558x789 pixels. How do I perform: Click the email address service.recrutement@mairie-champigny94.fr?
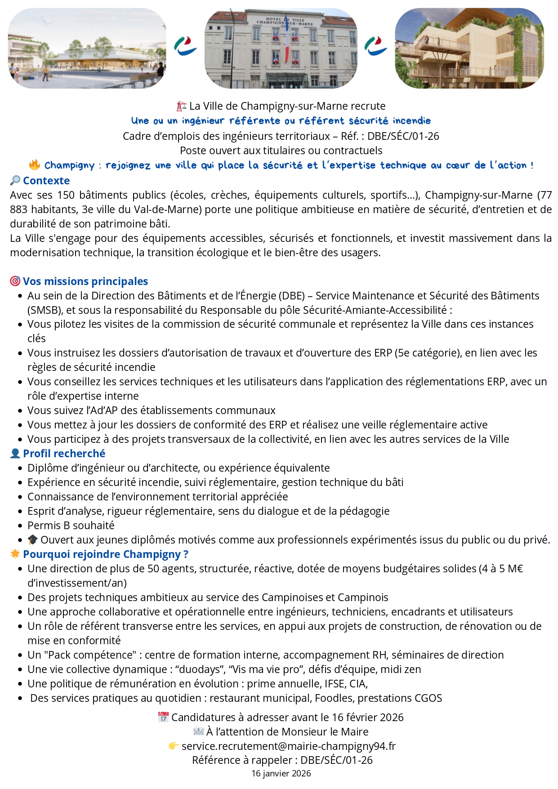coord(288,746)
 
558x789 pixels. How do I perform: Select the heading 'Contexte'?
coord(46,181)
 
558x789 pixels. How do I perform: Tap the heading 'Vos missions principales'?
coord(85,281)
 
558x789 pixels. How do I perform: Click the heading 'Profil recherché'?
coord(64,454)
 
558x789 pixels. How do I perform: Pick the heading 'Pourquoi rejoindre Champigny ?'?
coord(106,554)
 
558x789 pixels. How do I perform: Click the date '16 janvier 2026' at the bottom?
coord(281,773)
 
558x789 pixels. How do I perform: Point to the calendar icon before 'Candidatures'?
coord(163,717)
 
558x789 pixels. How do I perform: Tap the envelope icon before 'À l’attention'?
coord(198,731)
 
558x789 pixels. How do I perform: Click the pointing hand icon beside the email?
coord(174,746)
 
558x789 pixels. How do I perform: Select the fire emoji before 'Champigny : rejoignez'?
coord(35,165)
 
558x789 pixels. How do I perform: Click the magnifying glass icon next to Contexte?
coord(15,181)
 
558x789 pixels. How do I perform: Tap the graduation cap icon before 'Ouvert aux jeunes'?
coord(32,540)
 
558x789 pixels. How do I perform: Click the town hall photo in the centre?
coord(281,48)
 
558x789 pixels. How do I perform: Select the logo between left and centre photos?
coord(185,46)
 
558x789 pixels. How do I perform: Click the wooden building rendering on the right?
coord(469,48)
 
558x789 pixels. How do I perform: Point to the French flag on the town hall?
coord(286,45)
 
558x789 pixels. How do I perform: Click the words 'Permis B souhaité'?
coord(71,526)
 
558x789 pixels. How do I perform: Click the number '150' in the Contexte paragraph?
coord(66,195)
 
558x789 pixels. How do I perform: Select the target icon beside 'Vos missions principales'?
coord(15,281)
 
